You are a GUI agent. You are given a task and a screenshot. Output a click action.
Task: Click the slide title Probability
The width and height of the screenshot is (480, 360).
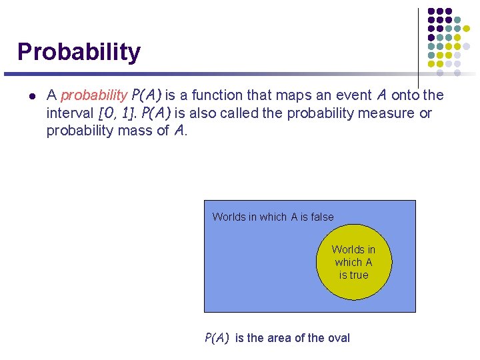pyautogui.click(x=79, y=51)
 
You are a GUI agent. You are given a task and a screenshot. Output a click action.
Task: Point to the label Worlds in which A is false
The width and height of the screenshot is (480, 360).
pyautogui.click(x=273, y=217)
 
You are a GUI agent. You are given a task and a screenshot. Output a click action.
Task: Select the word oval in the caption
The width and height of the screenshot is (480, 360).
pyautogui.click(x=337, y=338)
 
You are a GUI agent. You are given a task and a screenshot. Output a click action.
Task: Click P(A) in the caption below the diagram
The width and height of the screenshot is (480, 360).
pyautogui.click(x=217, y=338)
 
